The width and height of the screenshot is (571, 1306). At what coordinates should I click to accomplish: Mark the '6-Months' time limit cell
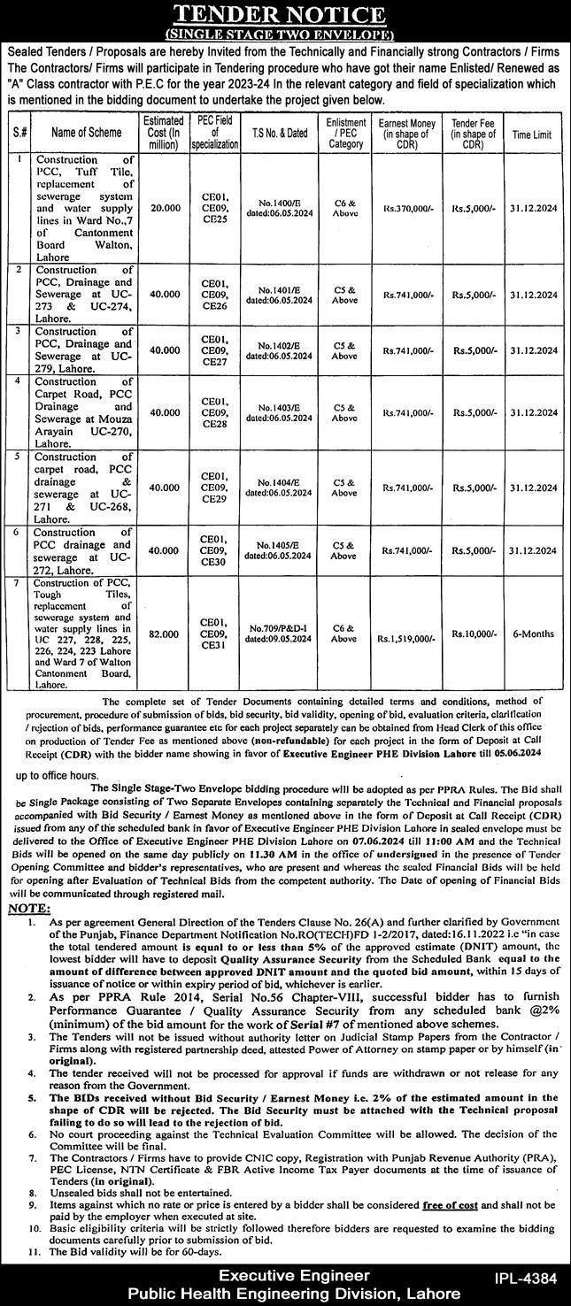533,634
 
